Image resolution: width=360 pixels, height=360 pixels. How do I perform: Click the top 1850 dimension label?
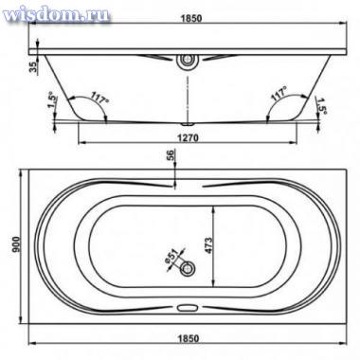click(191, 18)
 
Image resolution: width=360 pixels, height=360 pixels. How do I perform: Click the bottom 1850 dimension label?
click(189, 338)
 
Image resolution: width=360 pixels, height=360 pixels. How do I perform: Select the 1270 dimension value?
click(188, 138)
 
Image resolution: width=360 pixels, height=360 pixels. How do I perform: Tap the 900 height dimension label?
click(16, 244)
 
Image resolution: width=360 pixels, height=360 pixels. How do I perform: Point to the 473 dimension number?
click(208, 245)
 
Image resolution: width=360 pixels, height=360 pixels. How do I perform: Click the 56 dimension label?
click(171, 155)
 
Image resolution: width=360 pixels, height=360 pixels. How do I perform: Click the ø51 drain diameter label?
click(171, 257)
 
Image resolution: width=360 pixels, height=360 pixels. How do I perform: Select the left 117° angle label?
click(99, 98)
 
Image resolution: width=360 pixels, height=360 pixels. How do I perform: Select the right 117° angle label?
click(279, 94)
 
